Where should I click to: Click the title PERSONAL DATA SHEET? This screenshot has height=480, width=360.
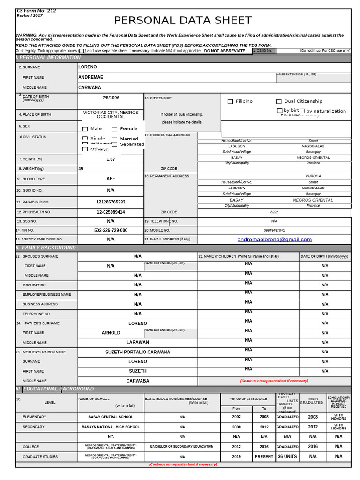[x=183, y=21]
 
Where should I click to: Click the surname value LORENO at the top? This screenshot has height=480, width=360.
[x=88, y=67]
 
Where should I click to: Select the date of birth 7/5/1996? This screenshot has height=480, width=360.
[x=111, y=98]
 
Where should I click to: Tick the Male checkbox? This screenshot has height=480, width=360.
[x=85, y=129]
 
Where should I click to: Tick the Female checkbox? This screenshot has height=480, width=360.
[x=114, y=129]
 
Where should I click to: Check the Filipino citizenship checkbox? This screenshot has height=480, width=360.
[x=230, y=101]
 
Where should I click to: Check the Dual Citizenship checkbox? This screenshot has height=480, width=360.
[x=278, y=101]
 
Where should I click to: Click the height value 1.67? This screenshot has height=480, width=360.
[x=111, y=159]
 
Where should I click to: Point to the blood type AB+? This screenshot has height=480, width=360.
[x=111, y=179]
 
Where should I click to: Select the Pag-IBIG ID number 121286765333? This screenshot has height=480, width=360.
[x=111, y=202]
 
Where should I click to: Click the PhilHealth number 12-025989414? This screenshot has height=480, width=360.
[x=111, y=212]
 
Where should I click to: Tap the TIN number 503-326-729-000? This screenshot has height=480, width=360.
[x=111, y=231]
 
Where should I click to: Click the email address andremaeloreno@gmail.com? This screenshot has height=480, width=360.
[x=274, y=240]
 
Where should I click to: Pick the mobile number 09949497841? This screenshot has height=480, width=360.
[x=274, y=231]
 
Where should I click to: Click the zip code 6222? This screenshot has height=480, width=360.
[x=274, y=212]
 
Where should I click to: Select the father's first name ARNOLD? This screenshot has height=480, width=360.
[x=111, y=333]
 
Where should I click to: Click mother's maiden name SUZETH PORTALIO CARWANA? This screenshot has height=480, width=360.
[x=137, y=352]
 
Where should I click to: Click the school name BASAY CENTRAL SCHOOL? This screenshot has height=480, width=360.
[x=111, y=417]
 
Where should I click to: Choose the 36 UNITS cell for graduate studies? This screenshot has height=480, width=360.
[x=287, y=456]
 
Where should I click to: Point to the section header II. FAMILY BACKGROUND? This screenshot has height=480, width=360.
[x=46, y=247]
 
